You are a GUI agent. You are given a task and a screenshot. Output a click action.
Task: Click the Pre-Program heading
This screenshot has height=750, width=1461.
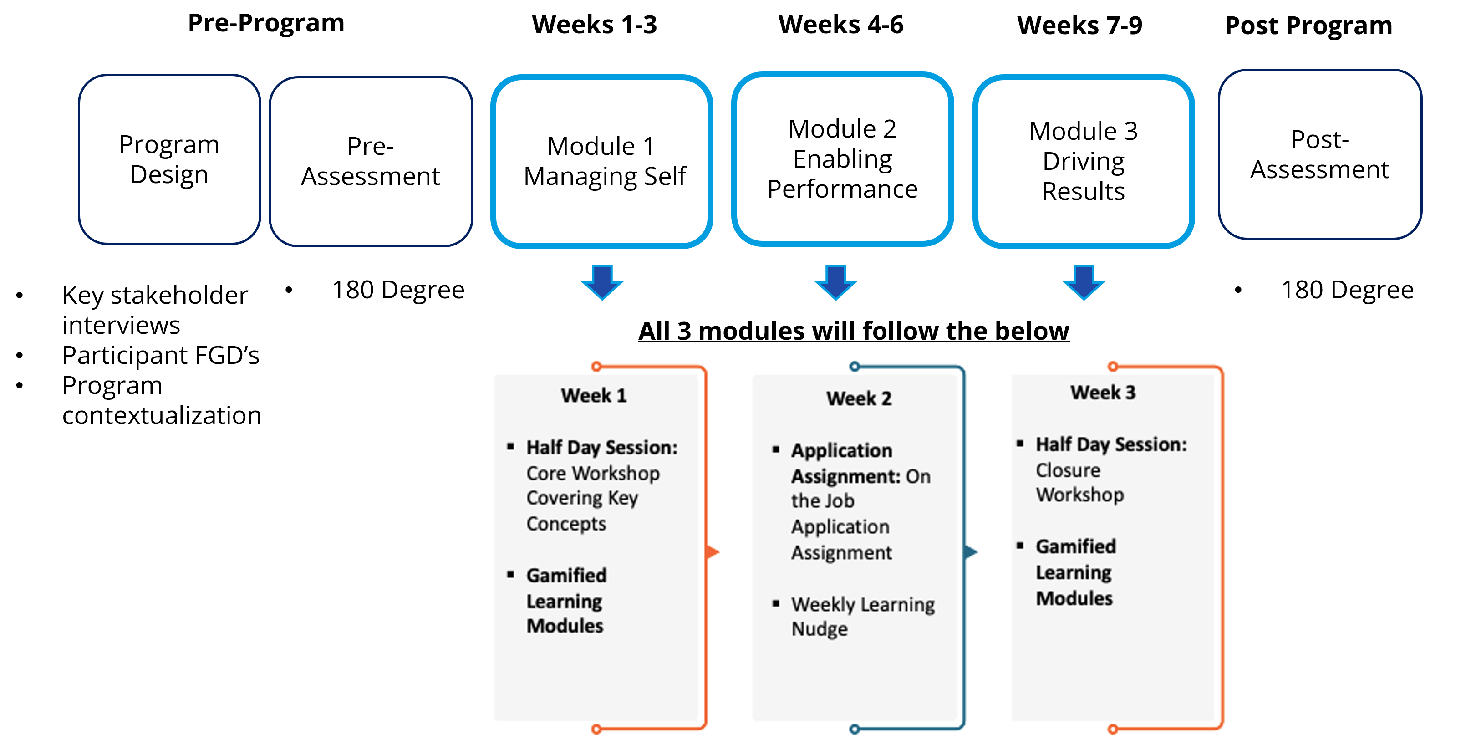(266, 23)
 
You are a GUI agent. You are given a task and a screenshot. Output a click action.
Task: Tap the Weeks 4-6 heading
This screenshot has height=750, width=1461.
(840, 25)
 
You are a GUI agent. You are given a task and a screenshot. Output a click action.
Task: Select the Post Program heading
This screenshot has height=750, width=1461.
(1308, 26)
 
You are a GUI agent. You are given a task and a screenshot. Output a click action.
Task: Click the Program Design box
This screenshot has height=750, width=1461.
(169, 159)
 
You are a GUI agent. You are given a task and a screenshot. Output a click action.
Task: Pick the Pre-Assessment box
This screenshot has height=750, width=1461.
(371, 162)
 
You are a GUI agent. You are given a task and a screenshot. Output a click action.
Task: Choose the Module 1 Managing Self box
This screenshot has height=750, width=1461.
(602, 162)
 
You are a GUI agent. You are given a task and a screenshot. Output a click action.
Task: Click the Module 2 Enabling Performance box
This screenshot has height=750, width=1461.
(842, 159)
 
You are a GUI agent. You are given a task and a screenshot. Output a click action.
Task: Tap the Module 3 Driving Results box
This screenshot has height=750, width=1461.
(1083, 162)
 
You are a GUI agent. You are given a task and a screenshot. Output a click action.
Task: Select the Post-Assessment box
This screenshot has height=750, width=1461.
(1320, 155)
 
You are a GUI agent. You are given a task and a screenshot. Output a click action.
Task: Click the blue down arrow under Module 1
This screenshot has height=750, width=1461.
(602, 281)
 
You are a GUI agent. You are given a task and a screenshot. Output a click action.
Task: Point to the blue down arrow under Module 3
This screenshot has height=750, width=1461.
(1084, 281)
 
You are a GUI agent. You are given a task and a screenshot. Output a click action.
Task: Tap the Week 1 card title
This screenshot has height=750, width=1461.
(594, 395)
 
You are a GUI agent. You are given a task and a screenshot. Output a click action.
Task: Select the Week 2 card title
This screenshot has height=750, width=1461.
(859, 398)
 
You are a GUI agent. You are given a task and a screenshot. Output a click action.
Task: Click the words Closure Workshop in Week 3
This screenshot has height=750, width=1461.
(1080, 482)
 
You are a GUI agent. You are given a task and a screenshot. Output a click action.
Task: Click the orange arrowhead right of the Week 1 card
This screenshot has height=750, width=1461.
(713, 551)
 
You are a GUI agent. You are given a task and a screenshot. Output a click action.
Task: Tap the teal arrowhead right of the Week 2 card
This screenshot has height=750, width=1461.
(972, 551)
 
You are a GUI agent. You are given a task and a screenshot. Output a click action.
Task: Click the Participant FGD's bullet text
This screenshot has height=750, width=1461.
(161, 356)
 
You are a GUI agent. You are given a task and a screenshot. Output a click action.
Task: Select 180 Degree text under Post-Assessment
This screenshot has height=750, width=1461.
(1348, 290)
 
